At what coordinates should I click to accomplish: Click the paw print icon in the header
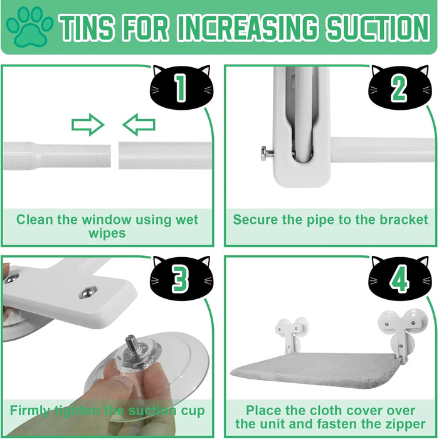click(29, 26)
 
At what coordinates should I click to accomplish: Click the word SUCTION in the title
click(378, 28)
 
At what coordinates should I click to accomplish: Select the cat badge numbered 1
click(181, 87)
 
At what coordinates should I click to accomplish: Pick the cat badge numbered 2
click(399, 87)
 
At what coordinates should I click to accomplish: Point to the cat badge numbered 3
click(181, 277)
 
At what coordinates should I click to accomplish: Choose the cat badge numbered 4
click(399, 277)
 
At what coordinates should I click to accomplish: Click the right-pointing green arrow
click(88, 125)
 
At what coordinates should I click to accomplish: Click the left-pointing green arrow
click(139, 125)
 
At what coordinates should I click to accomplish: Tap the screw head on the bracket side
click(265, 154)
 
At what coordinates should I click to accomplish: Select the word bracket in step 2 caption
click(404, 219)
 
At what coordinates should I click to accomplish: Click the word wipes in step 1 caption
click(107, 233)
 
